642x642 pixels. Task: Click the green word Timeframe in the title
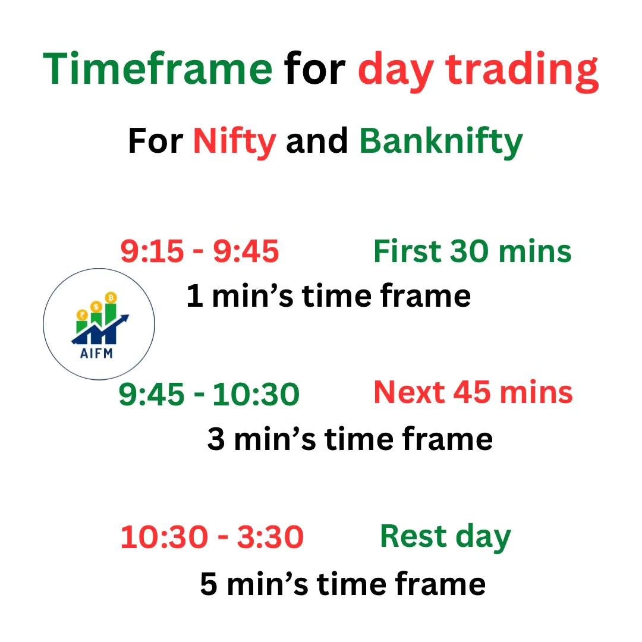click(158, 69)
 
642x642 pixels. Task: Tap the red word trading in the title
click(522, 71)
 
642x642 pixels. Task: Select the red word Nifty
click(235, 142)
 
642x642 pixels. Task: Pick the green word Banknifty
click(441, 142)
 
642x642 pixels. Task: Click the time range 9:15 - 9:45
click(200, 251)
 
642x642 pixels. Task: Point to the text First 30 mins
click(473, 251)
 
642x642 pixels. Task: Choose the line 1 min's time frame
click(328, 295)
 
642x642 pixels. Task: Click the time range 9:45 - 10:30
click(209, 394)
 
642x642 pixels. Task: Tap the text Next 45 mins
click(473, 392)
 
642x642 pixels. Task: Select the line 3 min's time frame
click(350, 439)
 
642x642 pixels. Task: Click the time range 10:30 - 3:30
click(212, 537)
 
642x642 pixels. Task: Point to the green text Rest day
click(445, 537)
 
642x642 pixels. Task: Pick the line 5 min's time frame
click(343, 584)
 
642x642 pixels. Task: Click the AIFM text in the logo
click(96, 353)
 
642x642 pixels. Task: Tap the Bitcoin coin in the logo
click(111, 298)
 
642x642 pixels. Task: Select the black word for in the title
click(315, 69)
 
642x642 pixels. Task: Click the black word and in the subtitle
click(317, 141)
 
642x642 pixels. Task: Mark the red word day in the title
click(396, 71)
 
